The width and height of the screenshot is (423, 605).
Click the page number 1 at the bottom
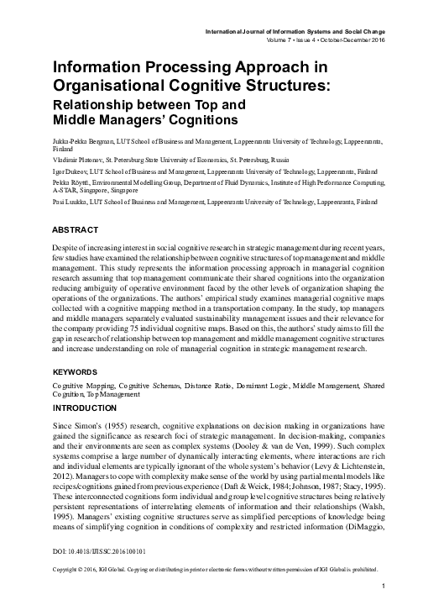(x=383, y=585)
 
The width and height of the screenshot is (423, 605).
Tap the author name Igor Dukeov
(x=70, y=170)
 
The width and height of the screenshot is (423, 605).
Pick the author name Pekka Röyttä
(x=73, y=181)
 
